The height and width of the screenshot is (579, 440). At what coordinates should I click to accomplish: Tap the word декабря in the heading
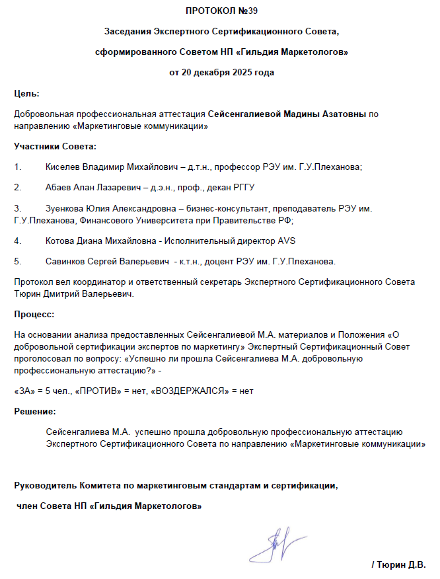click(x=204, y=72)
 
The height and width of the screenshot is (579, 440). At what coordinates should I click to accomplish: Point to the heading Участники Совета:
click(x=55, y=145)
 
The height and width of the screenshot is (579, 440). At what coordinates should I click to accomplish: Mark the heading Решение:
click(x=35, y=412)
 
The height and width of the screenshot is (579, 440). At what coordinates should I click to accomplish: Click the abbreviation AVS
click(x=287, y=240)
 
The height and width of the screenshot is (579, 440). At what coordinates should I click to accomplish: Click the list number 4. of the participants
click(x=18, y=240)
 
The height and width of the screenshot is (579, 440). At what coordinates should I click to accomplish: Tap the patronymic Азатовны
click(x=340, y=114)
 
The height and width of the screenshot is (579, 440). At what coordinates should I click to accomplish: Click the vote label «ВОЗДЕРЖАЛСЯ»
click(x=186, y=391)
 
